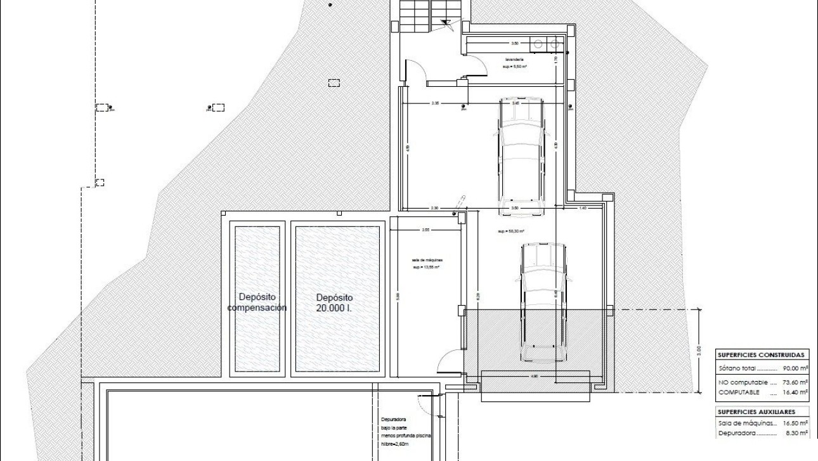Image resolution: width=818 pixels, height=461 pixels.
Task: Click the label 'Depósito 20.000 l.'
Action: coord(334,302)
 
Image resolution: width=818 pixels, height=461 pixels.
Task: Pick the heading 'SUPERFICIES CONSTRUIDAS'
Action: coord(762,355)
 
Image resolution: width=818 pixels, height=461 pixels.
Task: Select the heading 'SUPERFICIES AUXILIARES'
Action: coord(755,412)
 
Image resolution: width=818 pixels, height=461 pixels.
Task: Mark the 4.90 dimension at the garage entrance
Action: coord(534,377)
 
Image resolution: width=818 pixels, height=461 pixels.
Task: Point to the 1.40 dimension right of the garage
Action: coord(582,208)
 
